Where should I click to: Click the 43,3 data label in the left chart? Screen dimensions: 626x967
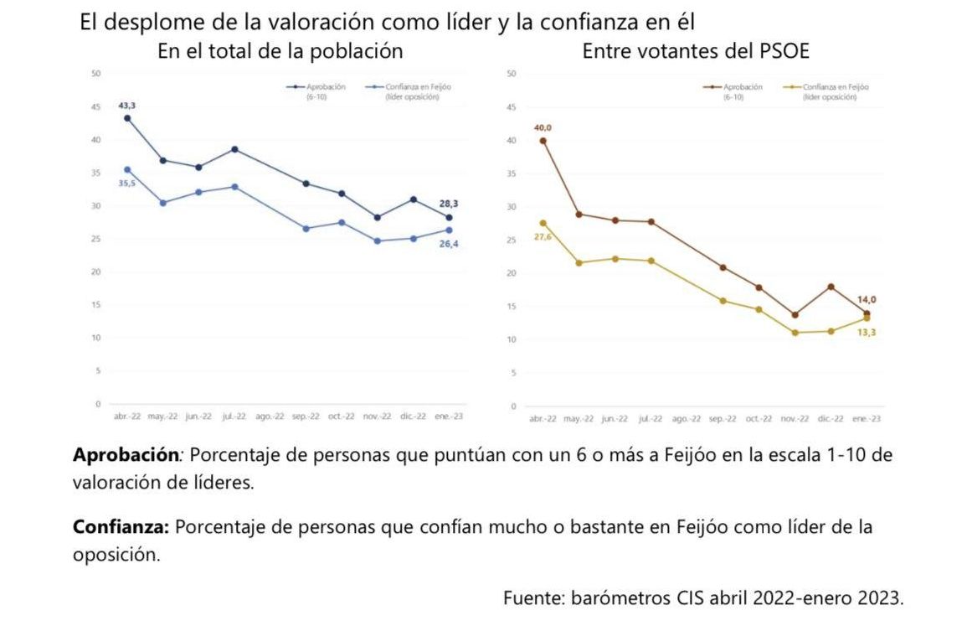(x=127, y=106)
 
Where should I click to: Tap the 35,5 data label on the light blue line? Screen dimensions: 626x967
(x=127, y=183)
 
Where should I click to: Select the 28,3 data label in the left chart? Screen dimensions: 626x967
(x=449, y=204)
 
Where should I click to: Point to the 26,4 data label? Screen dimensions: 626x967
(x=449, y=244)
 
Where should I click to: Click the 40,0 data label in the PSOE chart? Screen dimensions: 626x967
(x=543, y=127)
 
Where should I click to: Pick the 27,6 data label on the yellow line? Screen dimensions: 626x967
(x=543, y=237)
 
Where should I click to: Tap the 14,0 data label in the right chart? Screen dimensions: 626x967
(x=867, y=299)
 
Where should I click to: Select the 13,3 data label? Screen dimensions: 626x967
(x=867, y=332)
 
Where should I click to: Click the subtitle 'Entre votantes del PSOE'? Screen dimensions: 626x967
(x=696, y=51)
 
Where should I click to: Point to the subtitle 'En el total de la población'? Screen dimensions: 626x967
(x=280, y=51)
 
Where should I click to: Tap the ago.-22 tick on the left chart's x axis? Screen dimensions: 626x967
(x=270, y=416)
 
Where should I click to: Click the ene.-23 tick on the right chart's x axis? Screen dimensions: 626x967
(x=867, y=418)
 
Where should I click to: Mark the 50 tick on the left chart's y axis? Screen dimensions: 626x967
(x=96, y=74)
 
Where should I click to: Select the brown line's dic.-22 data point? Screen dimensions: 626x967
(x=831, y=287)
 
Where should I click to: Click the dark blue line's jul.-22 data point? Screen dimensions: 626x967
(x=234, y=149)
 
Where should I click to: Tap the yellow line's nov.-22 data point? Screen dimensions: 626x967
(x=795, y=333)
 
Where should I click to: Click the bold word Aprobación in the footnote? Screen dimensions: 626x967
(x=125, y=456)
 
